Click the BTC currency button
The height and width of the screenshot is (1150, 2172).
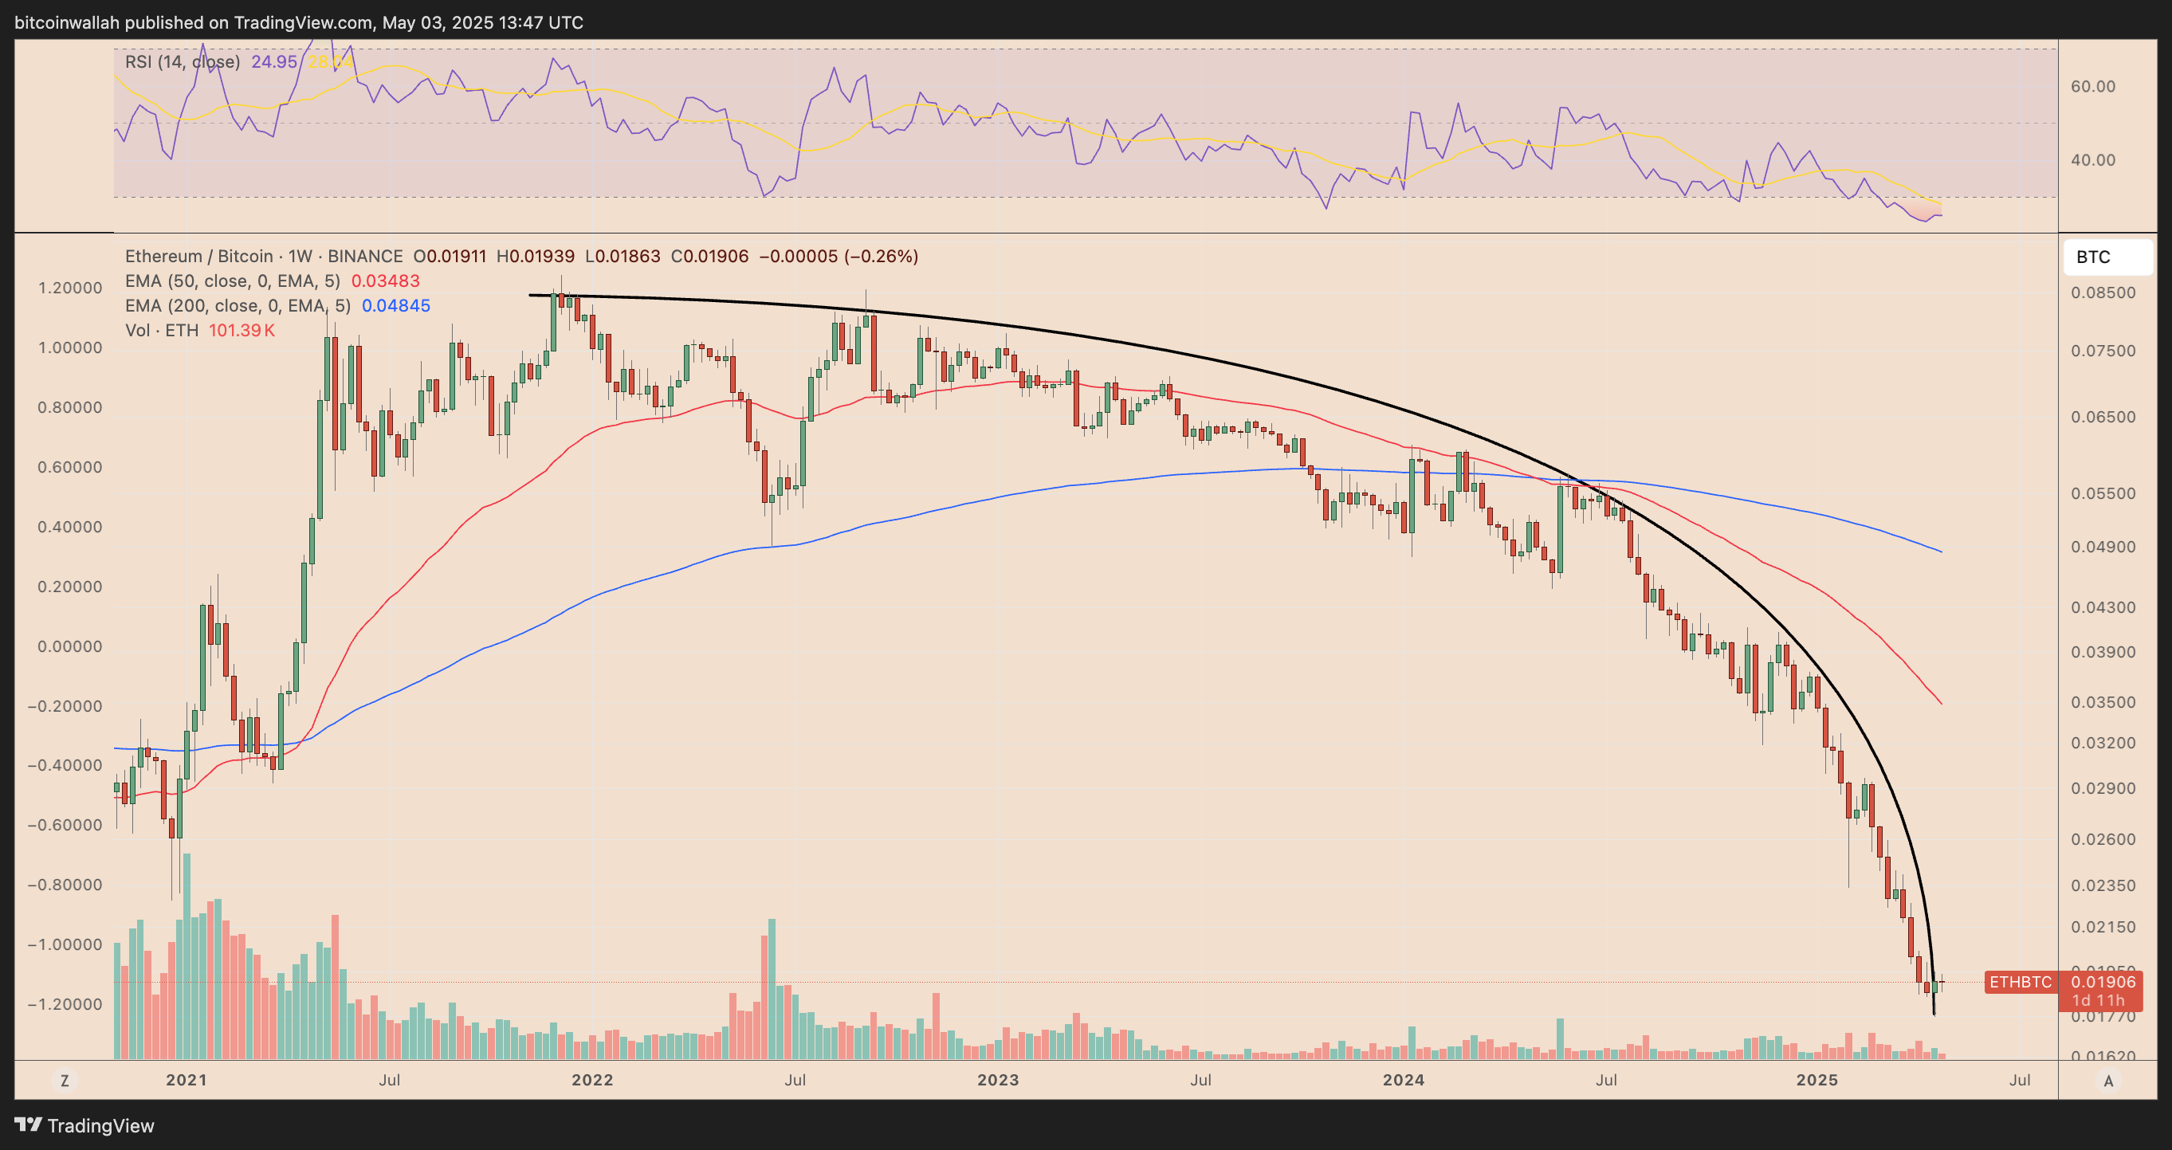(2106, 257)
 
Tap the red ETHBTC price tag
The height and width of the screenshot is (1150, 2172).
(2020, 982)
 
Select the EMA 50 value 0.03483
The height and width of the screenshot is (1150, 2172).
(385, 281)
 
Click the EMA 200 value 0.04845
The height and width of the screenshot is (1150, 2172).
(395, 306)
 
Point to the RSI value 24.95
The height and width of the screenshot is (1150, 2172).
(274, 61)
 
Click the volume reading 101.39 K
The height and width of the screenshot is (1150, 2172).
(242, 331)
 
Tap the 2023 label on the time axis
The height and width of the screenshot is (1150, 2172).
(997, 1080)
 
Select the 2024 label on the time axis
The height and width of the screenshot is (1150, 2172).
(1403, 1080)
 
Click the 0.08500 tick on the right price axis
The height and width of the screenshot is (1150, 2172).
(2103, 292)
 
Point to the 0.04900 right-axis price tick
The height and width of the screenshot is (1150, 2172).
(2103, 548)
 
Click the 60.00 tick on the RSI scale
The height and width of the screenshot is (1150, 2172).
(2093, 86)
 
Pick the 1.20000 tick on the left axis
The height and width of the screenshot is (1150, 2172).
(70, 288)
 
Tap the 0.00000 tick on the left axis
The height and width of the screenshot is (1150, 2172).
(70, 646)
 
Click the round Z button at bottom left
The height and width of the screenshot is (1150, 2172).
(64, 1080)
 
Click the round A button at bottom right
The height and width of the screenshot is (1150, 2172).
(2108, 1081)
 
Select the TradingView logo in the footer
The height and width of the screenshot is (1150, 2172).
(84, 1125)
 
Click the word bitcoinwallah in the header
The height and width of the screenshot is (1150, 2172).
(68, 23)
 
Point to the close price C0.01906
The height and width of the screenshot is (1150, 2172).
(709, 257)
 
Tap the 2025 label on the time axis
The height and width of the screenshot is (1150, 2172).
(1817, 1080)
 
